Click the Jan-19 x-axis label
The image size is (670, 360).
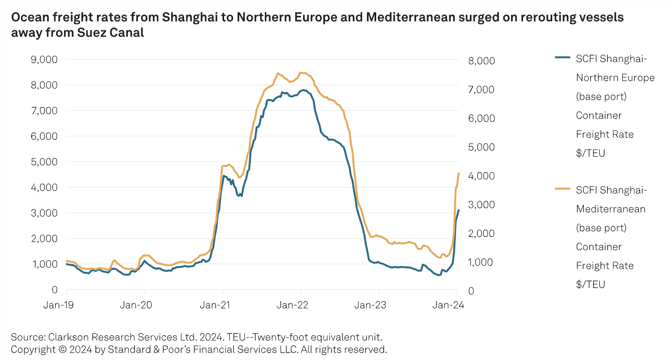pos(58,305)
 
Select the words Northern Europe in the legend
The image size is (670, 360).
pos(615,78)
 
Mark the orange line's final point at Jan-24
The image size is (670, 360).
pos(459,173)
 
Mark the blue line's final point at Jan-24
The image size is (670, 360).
pos(459,210)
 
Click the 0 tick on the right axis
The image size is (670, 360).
pos(471,291)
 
